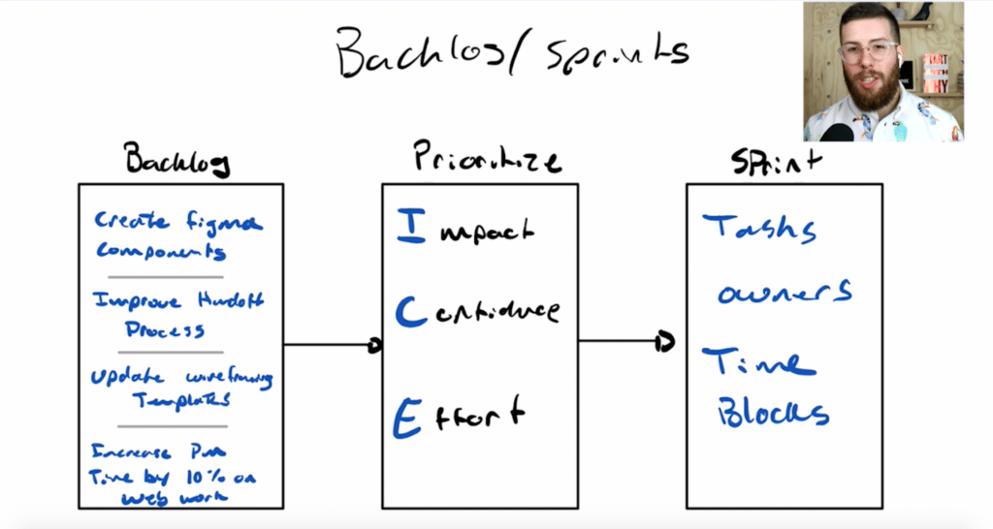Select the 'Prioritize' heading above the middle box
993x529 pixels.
coord(485,157)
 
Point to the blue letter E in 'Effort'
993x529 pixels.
coord(407,417)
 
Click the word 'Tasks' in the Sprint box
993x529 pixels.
coord(760,229)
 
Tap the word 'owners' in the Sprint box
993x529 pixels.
coord(785,291)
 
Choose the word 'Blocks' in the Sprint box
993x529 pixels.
coord(773,414)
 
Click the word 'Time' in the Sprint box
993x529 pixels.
coord(758,363)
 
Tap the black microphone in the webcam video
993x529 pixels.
coord(836,131)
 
